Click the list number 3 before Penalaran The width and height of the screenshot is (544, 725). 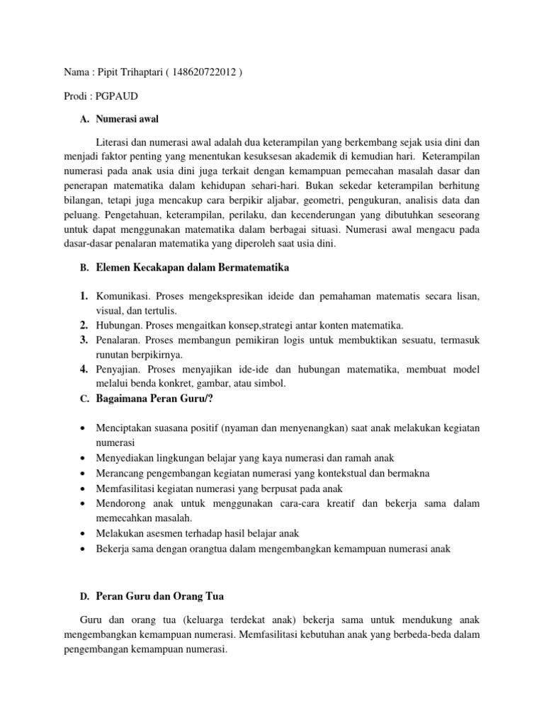pos(83,341)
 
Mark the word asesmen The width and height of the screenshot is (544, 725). pos(166,533)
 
